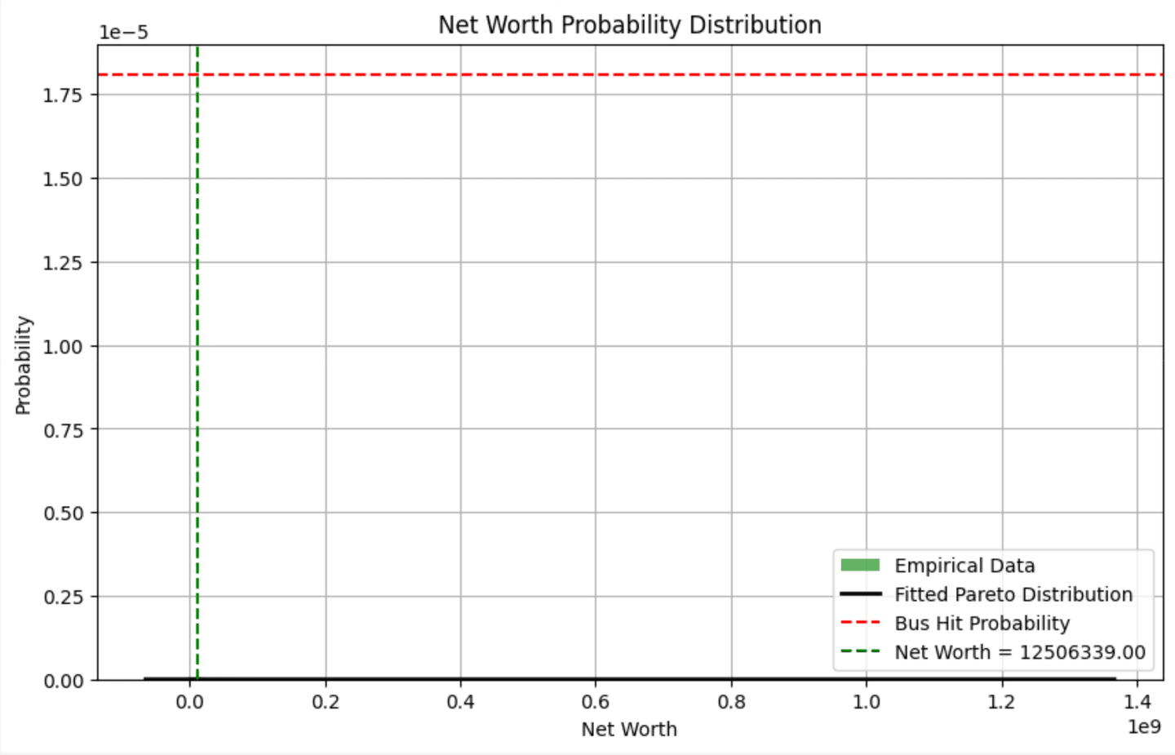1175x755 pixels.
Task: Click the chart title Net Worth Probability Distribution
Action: point(629,25)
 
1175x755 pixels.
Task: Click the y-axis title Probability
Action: point(23,365)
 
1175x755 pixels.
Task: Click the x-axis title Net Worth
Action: point(629,729)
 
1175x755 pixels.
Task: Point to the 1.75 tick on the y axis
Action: point(64,95)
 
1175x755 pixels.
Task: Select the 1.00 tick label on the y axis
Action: point(64,346)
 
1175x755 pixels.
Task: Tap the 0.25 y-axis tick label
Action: point(64,597)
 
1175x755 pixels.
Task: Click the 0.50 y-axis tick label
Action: point(64,513)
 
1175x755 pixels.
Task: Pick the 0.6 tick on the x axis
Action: point(596,702)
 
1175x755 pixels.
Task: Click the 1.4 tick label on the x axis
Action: point(1137,702)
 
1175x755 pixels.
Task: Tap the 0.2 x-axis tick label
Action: point(326,702)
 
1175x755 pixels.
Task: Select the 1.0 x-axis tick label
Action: point(867,702)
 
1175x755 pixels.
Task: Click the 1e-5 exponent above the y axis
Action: point(123,33)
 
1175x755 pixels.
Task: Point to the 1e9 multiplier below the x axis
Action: point(1144,726)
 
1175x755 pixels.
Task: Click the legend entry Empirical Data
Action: point(964,566)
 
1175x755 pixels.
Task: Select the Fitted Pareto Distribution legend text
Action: point(1013,594)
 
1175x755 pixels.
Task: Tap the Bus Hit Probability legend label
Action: point(982,624)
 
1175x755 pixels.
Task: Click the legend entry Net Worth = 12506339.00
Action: point(1020,652)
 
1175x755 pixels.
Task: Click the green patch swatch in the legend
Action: point(860,565)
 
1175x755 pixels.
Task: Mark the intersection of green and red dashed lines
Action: point(197,75)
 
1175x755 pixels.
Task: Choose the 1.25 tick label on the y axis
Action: point(64,263)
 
